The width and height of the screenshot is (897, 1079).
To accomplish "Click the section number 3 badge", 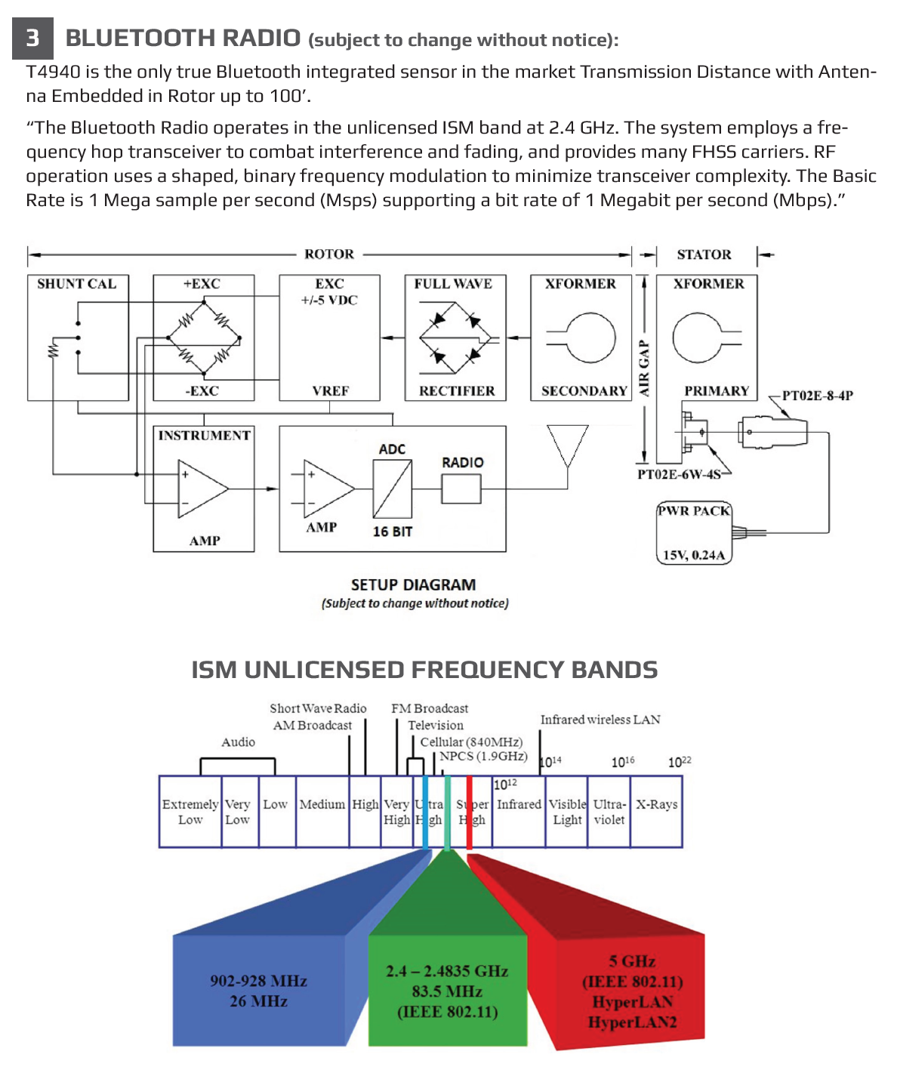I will [x=32, y=38].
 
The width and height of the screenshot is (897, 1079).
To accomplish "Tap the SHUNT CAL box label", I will [x=76, y=284].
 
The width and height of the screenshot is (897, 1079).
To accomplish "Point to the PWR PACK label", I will [x=694, y=511].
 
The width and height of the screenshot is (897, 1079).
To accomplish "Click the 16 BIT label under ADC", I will [x=393, y=532].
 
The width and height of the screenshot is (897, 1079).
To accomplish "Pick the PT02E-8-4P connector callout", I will [x=817, y=396].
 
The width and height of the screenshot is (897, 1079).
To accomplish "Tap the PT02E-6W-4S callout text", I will [x=680, y=474].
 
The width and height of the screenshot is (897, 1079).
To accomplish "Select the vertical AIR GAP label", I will [x=644, y=368].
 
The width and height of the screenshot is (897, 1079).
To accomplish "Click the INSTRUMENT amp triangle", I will [x=202, y=489].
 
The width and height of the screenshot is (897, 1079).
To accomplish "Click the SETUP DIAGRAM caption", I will [x=413, y=585].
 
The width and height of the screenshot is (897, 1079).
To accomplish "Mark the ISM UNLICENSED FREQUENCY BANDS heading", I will [x=424, y=670].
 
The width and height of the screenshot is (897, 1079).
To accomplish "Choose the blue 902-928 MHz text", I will [x=258, y=981].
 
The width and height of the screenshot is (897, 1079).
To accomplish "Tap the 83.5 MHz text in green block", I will [x=447, y=991].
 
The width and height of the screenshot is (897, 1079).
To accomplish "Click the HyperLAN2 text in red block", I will [x=632, y=1022].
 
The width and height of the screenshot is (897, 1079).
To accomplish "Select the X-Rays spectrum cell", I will [x=656, y=805].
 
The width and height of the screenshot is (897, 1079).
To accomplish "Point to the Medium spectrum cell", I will [x=322, y=805].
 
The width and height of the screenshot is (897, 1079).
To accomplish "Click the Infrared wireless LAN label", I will [x=600, y=720].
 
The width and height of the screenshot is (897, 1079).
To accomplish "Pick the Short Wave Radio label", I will [x=318, y=708].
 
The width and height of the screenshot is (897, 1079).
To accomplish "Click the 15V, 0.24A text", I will [x=694, y=555].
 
